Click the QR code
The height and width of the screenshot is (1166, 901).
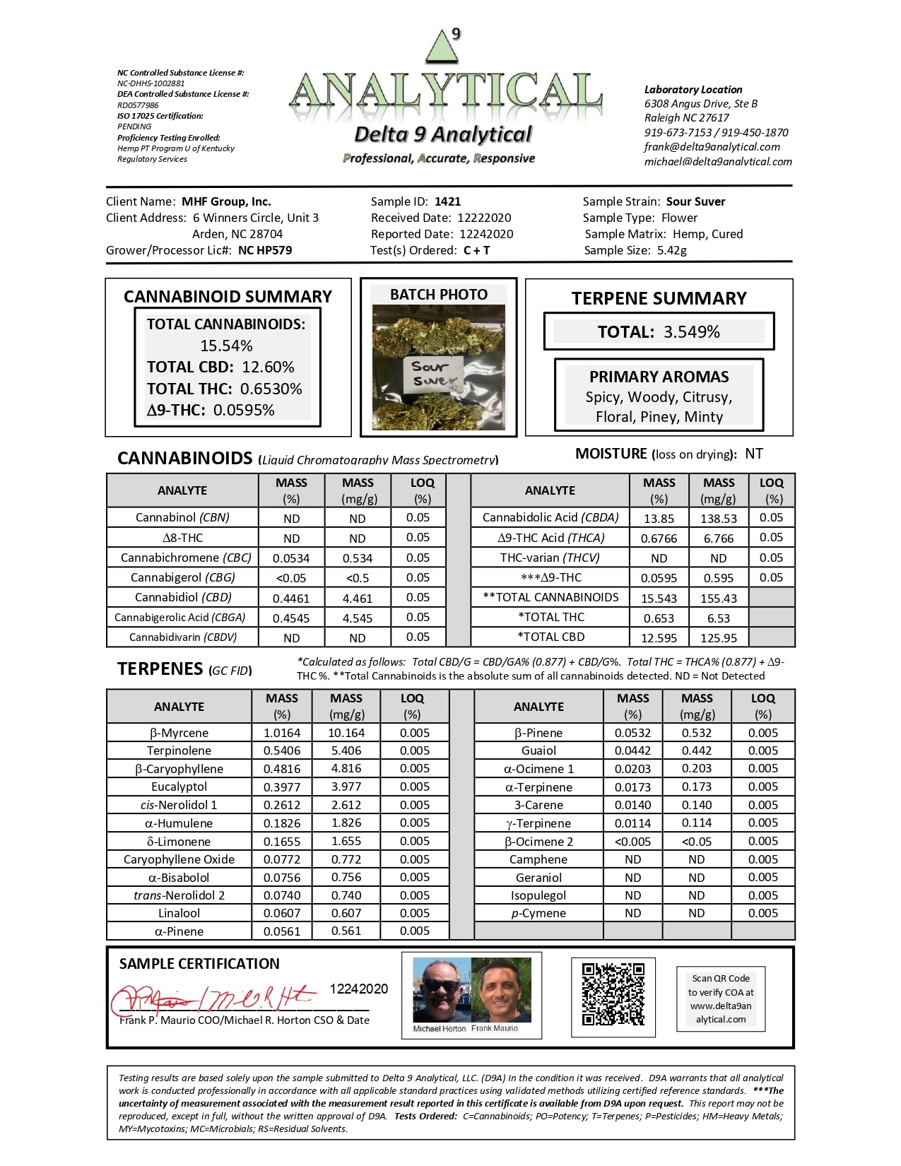point(613,994)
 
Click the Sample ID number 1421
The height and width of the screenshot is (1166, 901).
point(447,201)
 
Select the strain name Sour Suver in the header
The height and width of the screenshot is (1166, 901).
point(695,201)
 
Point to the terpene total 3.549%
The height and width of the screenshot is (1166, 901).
point(691,332)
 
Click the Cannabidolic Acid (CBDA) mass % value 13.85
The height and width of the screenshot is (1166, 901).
point(659,518)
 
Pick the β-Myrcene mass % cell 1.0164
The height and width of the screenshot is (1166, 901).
point(282,733)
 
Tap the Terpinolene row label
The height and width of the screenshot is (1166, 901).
point(179,750)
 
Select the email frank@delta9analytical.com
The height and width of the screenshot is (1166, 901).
point(712,147)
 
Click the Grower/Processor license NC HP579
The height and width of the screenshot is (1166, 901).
point(265,250)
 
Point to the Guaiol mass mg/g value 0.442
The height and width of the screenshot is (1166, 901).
point(697,750)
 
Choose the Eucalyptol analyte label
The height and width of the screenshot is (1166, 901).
point(179,787)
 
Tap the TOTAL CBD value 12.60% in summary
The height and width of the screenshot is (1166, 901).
point(268,367)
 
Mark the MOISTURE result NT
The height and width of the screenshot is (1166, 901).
point(753,454)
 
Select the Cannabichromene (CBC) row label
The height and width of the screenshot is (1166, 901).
point(186,558)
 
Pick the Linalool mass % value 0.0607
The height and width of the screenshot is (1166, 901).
point(282,913)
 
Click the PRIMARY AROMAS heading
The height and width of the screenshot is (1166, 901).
point(659,377)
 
